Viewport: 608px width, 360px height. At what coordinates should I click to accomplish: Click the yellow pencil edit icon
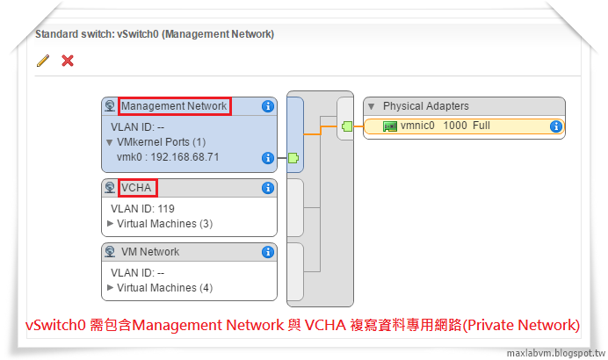[x=43, y=61]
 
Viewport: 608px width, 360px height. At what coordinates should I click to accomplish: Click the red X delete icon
[x=68, y=61]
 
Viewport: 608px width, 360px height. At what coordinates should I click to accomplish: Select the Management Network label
[x=174, y=106]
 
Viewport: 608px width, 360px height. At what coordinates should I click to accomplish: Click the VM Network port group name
[x=149, y=252]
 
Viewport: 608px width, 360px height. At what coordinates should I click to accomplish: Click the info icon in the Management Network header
[x=268, y=106]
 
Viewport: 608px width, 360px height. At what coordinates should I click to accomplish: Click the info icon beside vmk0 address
[x=268, y=158]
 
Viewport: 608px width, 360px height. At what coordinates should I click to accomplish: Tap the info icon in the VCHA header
[x=268, y=188]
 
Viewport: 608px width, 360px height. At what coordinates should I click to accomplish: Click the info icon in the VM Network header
[x=268, y=252]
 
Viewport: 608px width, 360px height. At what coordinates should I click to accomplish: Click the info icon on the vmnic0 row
[x=555, y=126]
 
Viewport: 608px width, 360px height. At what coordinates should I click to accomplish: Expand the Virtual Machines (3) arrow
[x=111, y=223]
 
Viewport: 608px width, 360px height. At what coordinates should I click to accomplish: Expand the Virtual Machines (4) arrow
[x=111, y=287]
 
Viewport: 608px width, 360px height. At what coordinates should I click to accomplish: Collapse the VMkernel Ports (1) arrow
[x=110, y=141]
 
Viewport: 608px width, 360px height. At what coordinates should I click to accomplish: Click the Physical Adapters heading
[x=425, y=106]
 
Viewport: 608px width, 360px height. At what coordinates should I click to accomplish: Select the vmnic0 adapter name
[x=418, y=126]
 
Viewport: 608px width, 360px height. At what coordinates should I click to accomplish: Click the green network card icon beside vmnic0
[x=390, y=126]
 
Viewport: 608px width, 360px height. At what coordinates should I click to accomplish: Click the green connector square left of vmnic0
[x=347, y=126]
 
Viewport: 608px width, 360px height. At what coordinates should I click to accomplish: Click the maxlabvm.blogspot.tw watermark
[x=554, y=353]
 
